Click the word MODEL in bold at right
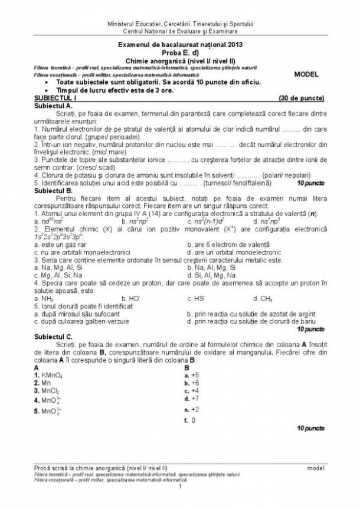coord(306,75)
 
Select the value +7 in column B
coord(191,398)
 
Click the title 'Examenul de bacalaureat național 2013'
coord(179,44)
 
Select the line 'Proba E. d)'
coord(179,52)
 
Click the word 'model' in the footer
coord(316,468)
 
